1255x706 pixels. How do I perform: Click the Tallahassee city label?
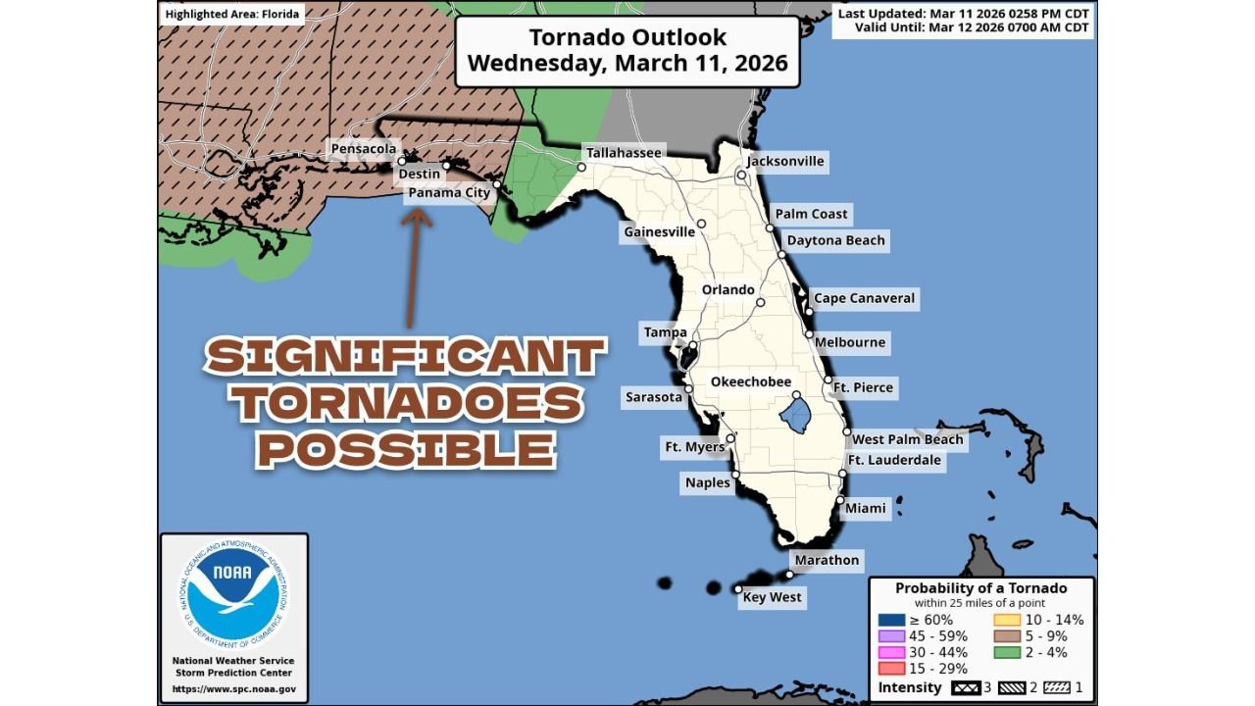tap(624, 153)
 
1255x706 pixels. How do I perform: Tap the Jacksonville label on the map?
tap(785, 161)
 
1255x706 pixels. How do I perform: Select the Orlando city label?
tap(728, 290)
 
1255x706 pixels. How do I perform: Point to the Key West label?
tap(772, 597)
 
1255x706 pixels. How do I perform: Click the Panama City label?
tap(449, 193)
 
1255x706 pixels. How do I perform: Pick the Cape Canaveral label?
tap(864, 298)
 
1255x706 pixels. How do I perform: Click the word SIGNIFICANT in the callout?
tap(405, 358)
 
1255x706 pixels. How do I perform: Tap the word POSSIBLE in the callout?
tap(406, 449)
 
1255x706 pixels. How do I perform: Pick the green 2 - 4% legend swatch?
tap(1008, 652)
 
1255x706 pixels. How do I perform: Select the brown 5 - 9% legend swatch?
tap(1008, 636)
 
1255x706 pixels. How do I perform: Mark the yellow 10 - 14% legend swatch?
tap(1008, 620)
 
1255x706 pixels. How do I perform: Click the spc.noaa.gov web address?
tap(233, 689)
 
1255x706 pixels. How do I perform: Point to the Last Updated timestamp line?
tap(965, 13)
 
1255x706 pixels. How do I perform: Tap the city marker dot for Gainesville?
tap(702, 224)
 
